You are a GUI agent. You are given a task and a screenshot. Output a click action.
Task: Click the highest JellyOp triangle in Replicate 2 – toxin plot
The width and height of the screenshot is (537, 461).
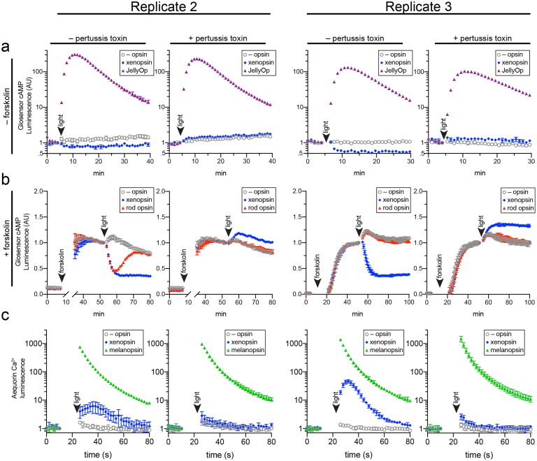(x=72, y=54)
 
